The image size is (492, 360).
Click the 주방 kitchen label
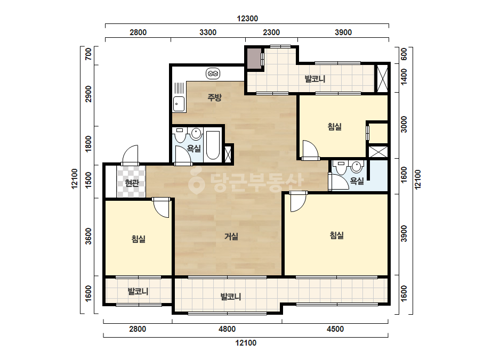215,97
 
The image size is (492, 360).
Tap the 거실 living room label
231,236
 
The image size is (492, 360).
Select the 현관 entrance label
132,183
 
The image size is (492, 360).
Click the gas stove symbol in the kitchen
213,73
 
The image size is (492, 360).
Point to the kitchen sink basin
179,104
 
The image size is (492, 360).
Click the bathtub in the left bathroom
213,145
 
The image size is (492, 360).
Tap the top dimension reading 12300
247,19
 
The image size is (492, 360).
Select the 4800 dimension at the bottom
227,329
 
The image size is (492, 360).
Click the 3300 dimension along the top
208,32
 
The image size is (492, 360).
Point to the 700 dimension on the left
89,54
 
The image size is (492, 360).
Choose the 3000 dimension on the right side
404,124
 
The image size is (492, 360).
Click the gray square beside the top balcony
254,59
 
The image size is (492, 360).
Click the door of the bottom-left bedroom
162,207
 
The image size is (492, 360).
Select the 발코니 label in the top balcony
314,79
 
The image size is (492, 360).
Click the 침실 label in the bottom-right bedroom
337,235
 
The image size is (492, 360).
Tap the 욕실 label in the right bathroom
357,181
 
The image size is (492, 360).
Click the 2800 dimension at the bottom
138,329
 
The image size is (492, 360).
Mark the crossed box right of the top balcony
382,78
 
